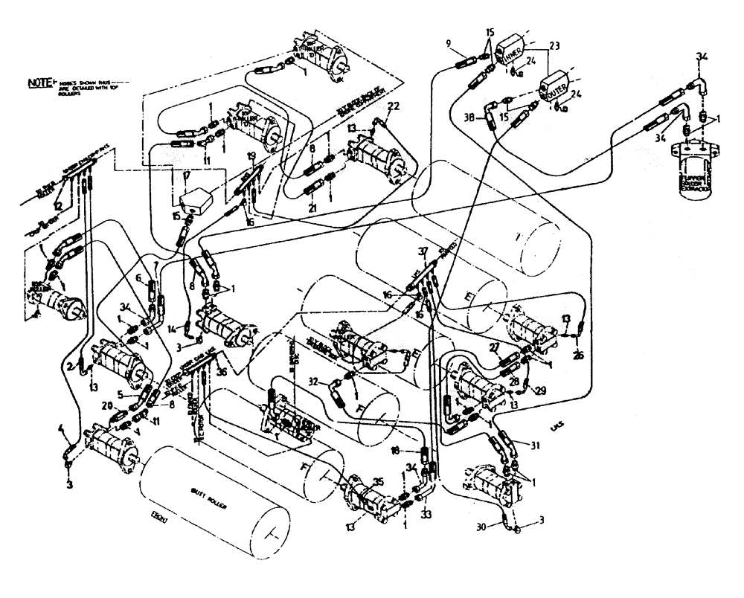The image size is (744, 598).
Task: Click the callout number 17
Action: [x=185, y=177]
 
